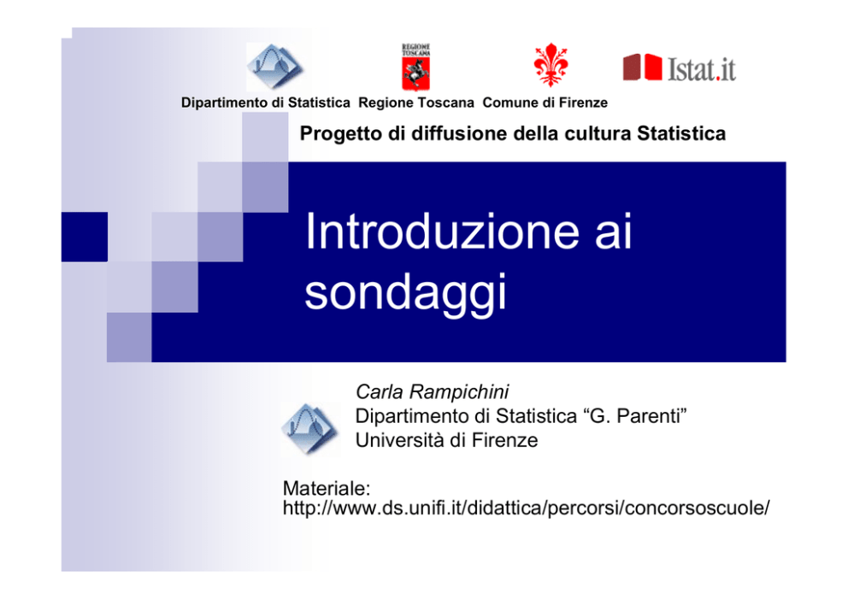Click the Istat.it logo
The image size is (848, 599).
pyautogui.click(x=680, y=68)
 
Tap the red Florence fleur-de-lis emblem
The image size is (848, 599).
pyautogui.click(x=551, y=65)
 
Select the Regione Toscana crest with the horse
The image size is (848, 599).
pyautogui.click(x=416, y=68)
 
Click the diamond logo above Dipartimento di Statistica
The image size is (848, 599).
pyautogui.click(x=274, y=67)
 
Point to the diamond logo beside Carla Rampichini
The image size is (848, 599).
pyautogui.click(x=310, y=429)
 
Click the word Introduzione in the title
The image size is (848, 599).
pyautogui.click(x=442, y=232)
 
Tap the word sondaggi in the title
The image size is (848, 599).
pyautogui.click(x=405, y=292)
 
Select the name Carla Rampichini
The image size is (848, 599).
pyautogui.click(x=432, y=391)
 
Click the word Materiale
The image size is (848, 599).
pyautogui.click(x=326, y=488)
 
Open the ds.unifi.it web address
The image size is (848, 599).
pyautogui.click(x=526, y=508)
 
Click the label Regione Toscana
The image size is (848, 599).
pyautogui.click(x=416, y=103)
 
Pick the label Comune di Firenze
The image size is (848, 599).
pyautogui.click(x=545, y=103)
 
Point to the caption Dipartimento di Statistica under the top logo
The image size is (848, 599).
pyautogui.click(x=266, y=103)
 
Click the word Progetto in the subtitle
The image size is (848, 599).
pyautogui.click(x=341, y=133)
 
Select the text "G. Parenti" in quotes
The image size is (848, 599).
pyautogui.click(x=635, y=416)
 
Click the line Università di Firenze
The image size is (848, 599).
pyautogui.click(x=447, y=440)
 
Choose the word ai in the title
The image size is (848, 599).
pyautogui.click(x=613, y=232)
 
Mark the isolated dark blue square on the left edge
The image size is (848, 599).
pyautogui.click(x=85, y=237)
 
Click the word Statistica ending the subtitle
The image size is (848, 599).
pyautogui.click(x=681, y=133)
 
